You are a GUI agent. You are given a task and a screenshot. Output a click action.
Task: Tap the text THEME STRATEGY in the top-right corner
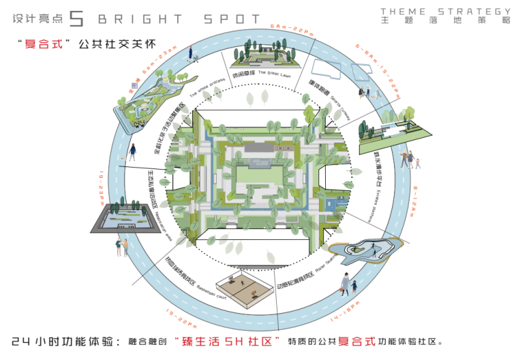(446, 12)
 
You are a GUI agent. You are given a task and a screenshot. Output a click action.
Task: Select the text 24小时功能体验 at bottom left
(64, 340)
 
